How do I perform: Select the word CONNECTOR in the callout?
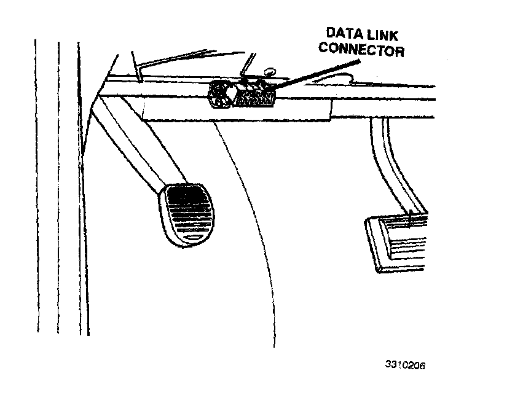pos(361,50)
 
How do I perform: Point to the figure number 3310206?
pos(405,364)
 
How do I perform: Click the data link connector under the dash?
pos(240,93)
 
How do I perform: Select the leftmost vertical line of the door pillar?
pos(36,184)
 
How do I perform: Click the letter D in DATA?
pos(330,34)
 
